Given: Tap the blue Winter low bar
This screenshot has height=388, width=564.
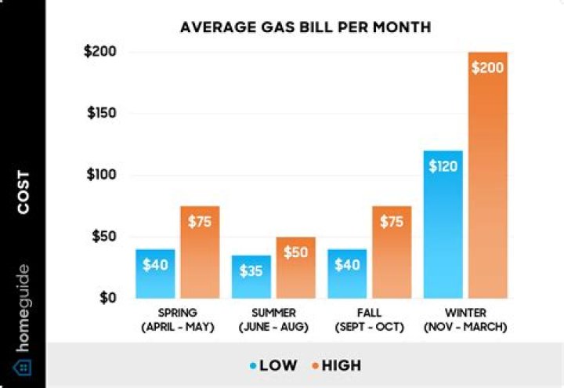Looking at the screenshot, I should [443, 227].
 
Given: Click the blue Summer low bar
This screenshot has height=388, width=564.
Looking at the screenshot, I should [251, 278].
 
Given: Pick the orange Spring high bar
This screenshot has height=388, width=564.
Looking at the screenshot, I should [200, 259].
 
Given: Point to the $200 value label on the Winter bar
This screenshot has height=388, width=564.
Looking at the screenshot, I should [487, 67].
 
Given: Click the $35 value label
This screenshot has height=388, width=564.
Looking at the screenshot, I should [251, 270].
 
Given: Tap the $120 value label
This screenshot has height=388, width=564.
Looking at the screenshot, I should [443, 165].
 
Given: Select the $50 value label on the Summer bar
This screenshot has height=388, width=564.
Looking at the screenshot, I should [295, 252].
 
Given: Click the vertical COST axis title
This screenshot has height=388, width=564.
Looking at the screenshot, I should [23, 193].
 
